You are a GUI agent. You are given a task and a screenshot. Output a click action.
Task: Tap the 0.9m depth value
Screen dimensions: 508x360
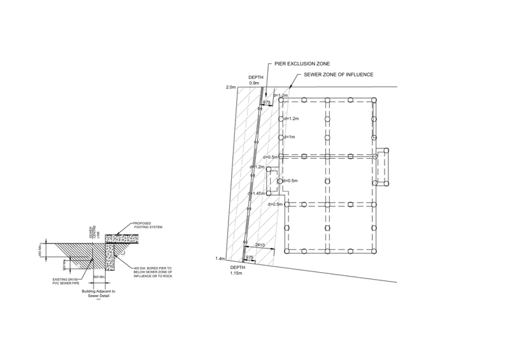point(254,83)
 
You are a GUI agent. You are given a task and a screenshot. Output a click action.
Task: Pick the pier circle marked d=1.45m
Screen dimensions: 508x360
point(269,193)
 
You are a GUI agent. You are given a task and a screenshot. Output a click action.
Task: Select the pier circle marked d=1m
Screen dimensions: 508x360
point(281,137)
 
